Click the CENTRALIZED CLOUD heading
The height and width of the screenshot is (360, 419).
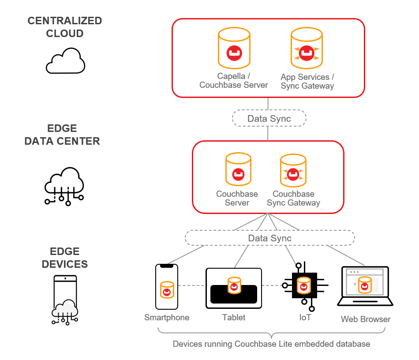(65, 27)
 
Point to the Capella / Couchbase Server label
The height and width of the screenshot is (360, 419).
(234, 81)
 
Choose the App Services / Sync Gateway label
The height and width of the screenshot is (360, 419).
(307, 82)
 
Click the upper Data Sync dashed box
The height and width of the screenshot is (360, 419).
(269, 118)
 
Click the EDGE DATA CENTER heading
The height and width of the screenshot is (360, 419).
(62, 135)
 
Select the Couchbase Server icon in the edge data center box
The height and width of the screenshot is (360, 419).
(238, 170)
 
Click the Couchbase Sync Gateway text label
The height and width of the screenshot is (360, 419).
(293, 199)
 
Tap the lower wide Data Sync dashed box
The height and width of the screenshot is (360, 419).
(269, 238)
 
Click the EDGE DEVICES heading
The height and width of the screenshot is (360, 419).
(65, 258)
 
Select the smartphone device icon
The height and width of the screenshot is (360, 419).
(167, 287)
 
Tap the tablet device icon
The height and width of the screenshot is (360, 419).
(234, 288)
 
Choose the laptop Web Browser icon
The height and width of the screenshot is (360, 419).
(365, 286)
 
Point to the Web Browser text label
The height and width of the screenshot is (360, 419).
(366, 319)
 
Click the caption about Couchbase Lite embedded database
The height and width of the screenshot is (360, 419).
(271, 344)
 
